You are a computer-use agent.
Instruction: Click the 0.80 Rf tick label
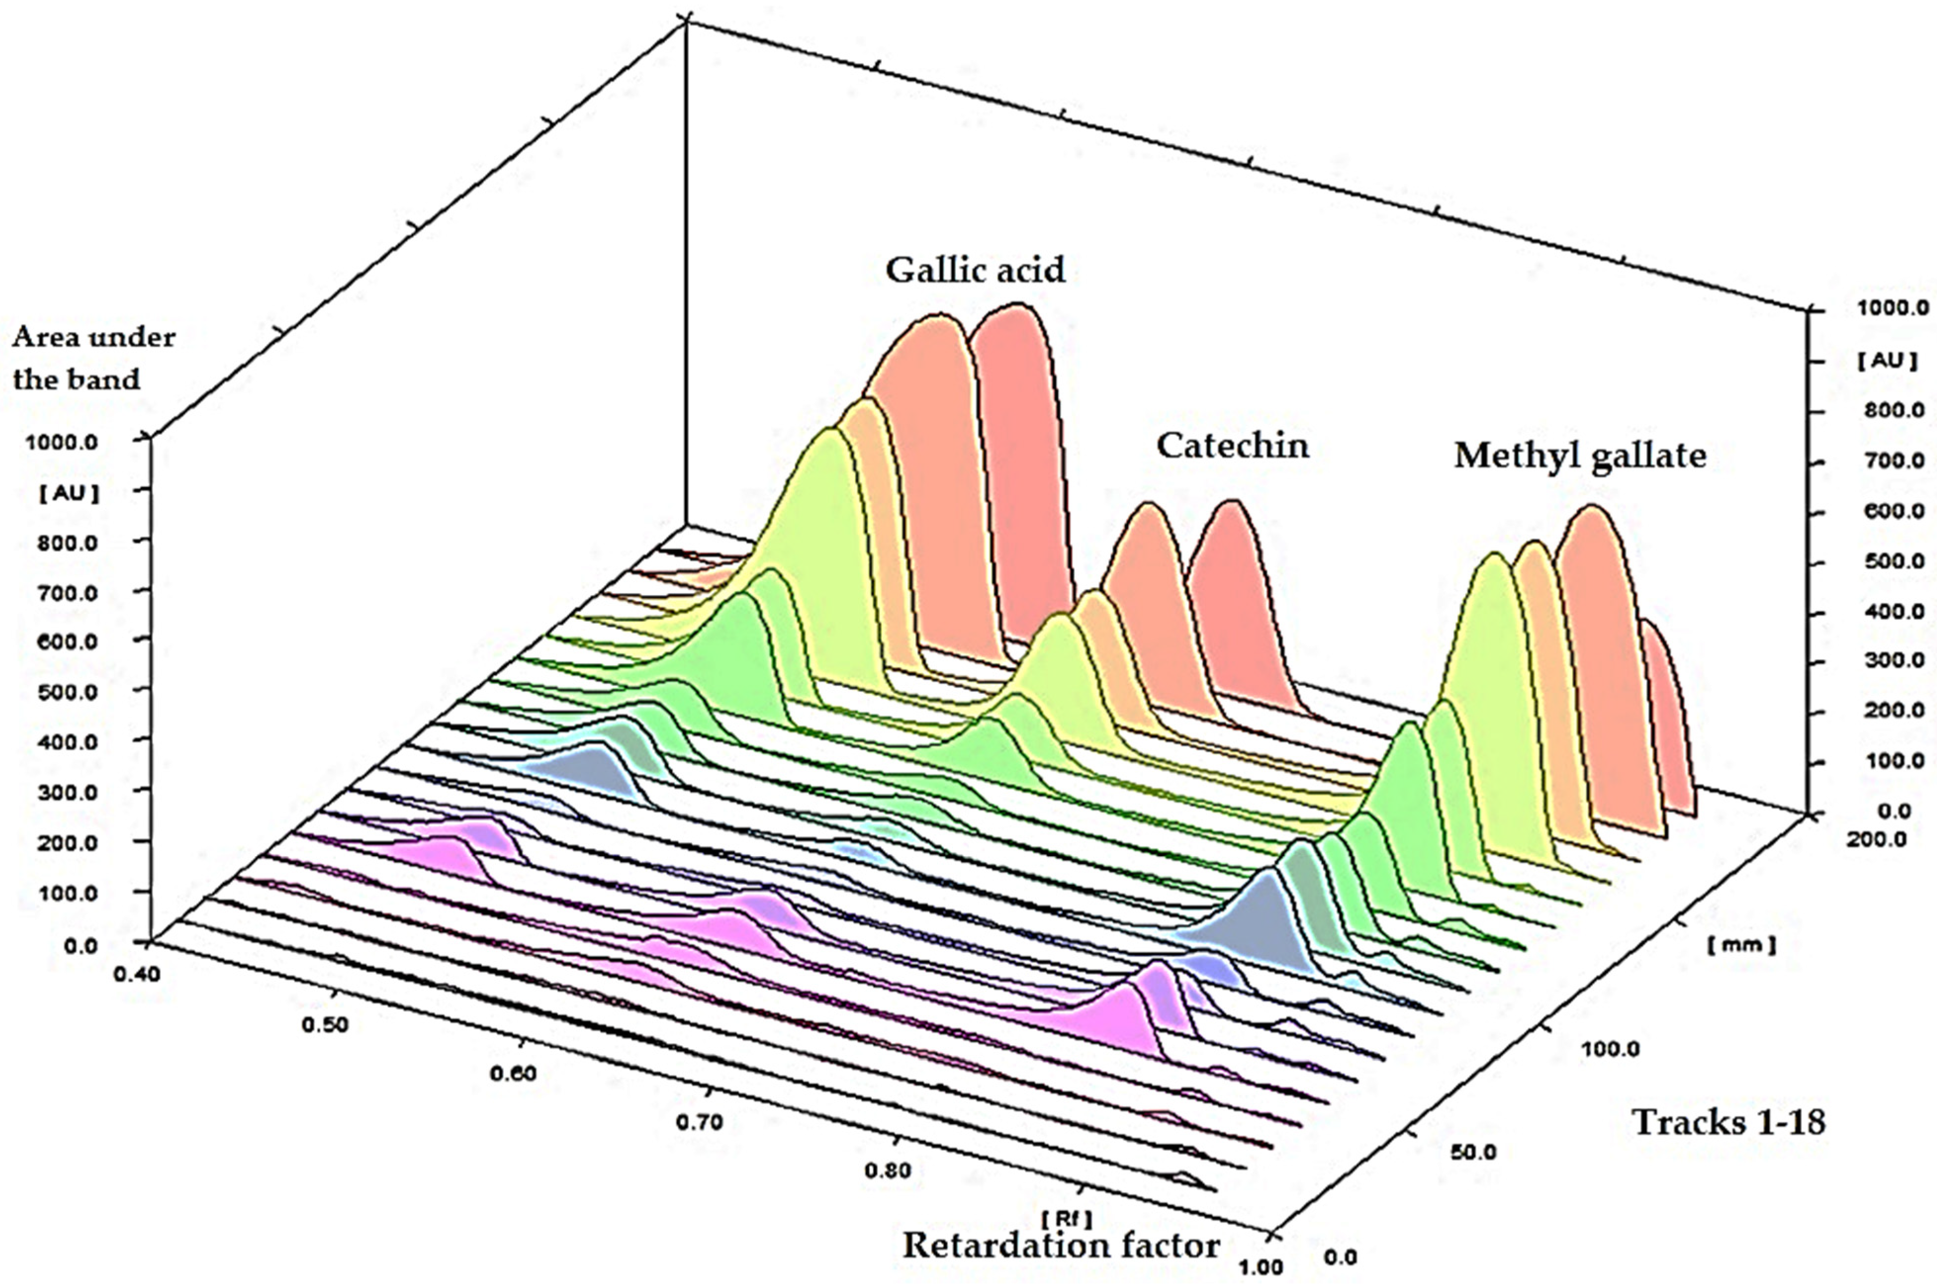tap(888, 1170)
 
